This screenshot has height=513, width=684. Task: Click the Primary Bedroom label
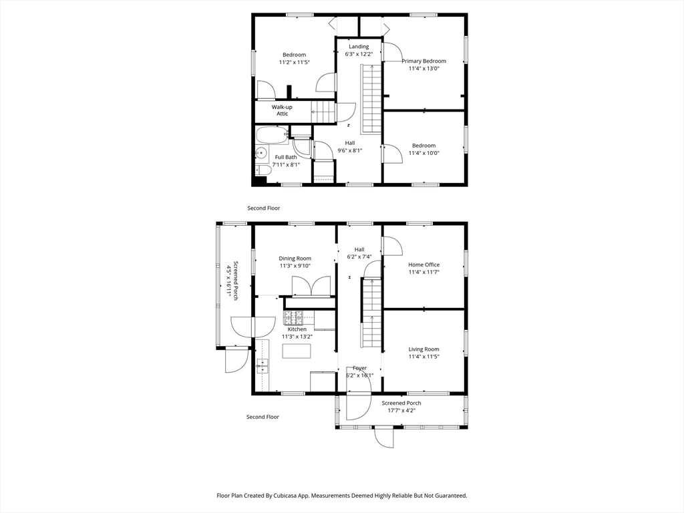pos(423,61)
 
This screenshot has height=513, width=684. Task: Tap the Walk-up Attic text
pos(282,110)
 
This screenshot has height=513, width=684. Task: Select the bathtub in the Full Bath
pos(273,135)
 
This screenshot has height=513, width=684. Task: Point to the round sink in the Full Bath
pos(261,154)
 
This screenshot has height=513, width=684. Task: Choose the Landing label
pos(358,47)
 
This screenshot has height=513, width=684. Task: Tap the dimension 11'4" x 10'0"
pos(423,153)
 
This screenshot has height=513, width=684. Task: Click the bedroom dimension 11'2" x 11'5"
pos(294,62)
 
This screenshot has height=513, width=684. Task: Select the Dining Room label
pos(295,259)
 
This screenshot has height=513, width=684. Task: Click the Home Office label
pos(423,265)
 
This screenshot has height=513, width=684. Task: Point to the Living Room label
pos(423,349)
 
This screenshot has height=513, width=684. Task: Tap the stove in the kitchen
pos(294,317)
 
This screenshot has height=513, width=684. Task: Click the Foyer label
pos(359,368)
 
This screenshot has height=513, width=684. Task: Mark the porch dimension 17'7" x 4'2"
pos(401,410)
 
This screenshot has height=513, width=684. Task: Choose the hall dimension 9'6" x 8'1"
pos(350,150)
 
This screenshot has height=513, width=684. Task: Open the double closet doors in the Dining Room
pos(311,286)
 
